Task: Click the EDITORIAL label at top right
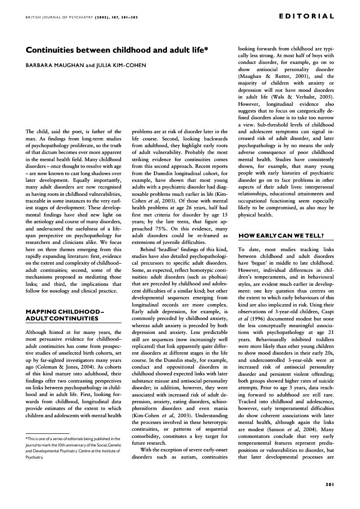(x=306, y=17)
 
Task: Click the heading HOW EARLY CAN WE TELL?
(x=281, y=236)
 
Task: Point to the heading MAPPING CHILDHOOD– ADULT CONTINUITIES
(x=62, y=315)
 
